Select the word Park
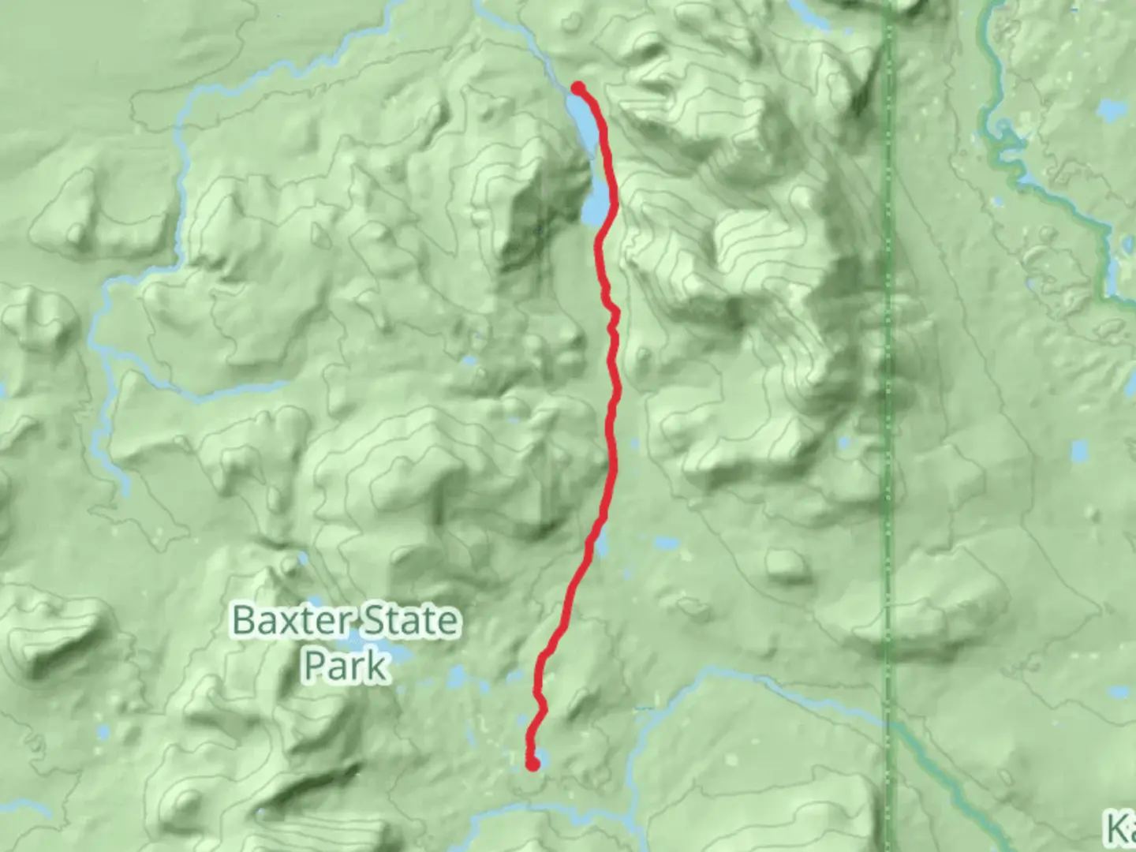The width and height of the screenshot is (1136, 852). point(346,666)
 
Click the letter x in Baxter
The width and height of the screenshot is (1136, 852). point(308,622)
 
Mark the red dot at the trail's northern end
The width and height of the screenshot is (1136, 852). point(578,88)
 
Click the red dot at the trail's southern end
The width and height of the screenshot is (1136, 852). point(533,763)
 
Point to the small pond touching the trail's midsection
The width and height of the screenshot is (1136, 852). point(602,544)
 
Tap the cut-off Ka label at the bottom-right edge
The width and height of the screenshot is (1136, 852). point(1120,828)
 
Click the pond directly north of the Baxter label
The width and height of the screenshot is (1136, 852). point(302,559)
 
